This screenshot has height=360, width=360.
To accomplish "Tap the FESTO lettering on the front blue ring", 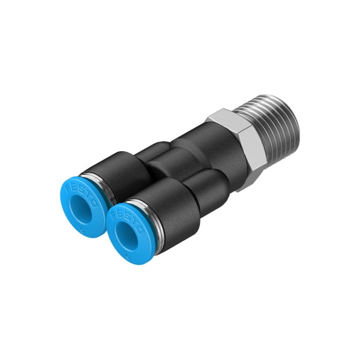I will (127, 217).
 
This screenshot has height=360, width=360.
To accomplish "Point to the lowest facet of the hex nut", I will (249, 183).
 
